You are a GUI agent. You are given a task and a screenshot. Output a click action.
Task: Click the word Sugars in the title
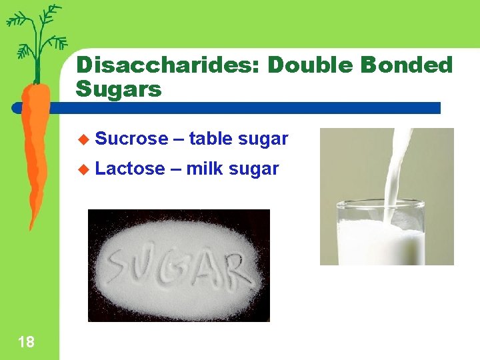click(119, 89)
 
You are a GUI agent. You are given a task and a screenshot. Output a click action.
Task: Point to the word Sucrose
click(131, 139)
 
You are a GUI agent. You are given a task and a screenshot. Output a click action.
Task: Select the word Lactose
click(130, 169)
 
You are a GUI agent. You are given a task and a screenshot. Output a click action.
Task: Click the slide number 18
click(26, 343)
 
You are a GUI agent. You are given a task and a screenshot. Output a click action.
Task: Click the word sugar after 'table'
click(263, 139)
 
